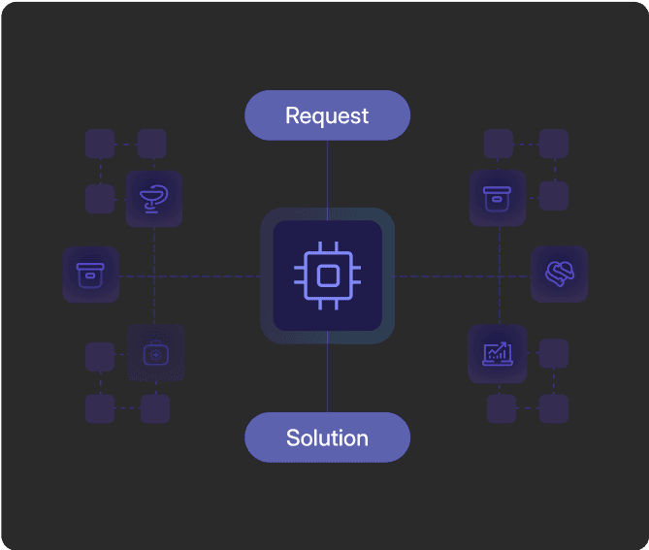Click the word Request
[327, 116]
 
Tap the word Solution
[327, 437]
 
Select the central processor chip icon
[327, 276]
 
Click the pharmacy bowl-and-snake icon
[154, 199]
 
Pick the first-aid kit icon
[155, 353]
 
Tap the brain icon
[559, 274]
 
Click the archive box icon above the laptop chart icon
[498, 198]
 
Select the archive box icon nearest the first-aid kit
[90, 275]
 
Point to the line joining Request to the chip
[327, 175]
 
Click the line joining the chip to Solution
[327, 378]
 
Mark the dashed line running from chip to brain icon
[461, 276]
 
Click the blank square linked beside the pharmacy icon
[100, 199]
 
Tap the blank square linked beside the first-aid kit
[100, 356]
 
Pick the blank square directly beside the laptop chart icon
[553, 353]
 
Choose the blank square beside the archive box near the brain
[553, 196]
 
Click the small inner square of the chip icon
[327, 276]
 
